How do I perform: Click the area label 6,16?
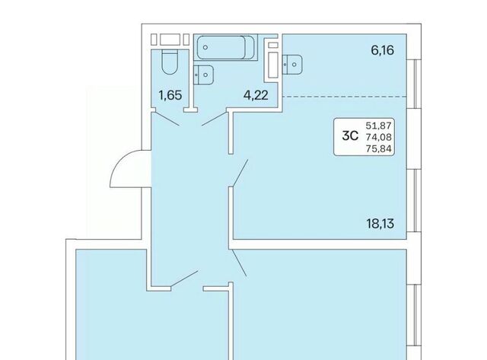382,50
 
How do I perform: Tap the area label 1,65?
170,95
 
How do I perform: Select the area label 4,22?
256,95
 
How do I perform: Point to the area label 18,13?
380,223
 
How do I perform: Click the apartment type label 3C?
350,135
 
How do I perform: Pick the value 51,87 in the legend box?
379,126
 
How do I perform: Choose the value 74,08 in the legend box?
379,137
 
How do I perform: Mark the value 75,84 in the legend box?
379,148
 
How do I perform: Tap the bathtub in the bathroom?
225,47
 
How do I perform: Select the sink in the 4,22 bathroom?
203,75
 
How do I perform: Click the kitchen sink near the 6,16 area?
292,65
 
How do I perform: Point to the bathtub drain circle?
205,47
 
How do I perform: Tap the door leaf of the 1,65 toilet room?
165,119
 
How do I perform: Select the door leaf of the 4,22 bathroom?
215,119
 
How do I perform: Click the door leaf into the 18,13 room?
240,173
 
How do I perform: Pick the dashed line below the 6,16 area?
345,97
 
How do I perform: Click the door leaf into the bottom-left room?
184,278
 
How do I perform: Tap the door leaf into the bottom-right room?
239,263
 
